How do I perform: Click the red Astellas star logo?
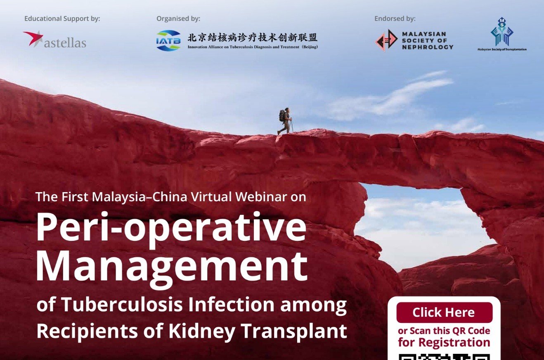33,38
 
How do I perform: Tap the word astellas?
65,43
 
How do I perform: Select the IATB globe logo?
168,40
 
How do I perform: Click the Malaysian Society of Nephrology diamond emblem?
386,40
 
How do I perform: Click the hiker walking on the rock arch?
285,121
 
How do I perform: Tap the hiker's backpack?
282,116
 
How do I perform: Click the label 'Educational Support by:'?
62,19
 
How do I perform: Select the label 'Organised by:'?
178,19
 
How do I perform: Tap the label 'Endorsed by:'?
395,19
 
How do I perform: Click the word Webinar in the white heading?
261,197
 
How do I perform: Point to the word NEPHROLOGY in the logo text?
428,47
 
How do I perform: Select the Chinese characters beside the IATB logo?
252,38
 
